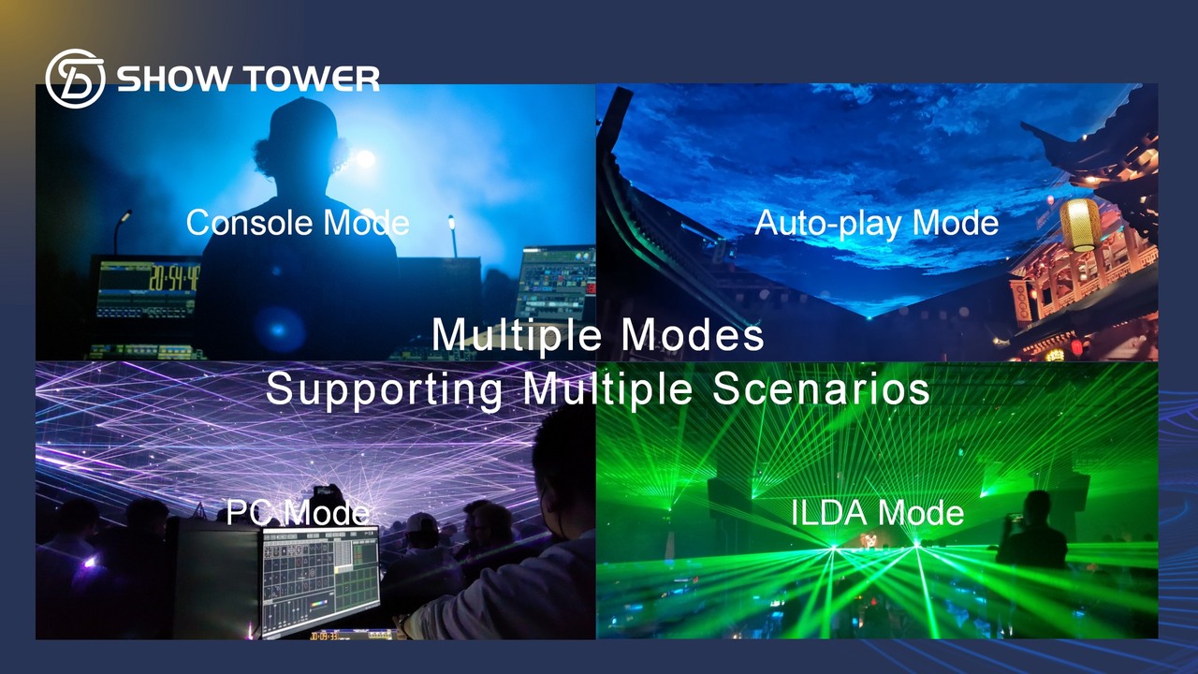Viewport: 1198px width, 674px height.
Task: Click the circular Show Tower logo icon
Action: click(x=75, y=79)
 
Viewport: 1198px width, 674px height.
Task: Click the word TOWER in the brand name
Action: click(x=313, y=79)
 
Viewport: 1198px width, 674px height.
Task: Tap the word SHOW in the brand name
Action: click(x=177, y=79)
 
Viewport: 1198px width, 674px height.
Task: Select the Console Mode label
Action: click(x=298, y=223)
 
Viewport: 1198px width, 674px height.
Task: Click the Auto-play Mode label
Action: click(x=877, y=223)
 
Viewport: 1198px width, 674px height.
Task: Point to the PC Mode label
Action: click(x=298, y=512)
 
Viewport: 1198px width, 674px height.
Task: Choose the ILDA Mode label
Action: click(x=877, y=512)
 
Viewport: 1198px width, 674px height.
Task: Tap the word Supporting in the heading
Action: click(x=384, y=391)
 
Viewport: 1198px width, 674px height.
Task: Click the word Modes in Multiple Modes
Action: click(x=693, y=335)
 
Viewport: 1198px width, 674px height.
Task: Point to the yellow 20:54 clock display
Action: click(x=174, y=278)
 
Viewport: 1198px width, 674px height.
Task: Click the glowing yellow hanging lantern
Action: click(x=1080, y=225)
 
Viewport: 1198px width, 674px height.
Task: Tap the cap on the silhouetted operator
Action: click(x=303, y=122)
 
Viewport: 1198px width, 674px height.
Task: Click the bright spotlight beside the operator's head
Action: click(x=365, y=158)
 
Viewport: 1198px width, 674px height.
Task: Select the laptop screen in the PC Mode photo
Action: click(x=320, y=579)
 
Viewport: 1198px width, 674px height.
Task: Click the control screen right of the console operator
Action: click(x=558, y=283)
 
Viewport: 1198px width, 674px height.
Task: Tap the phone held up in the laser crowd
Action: click(x=324, y=491)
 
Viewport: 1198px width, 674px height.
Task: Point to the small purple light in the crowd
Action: click(x=89, y=562)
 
